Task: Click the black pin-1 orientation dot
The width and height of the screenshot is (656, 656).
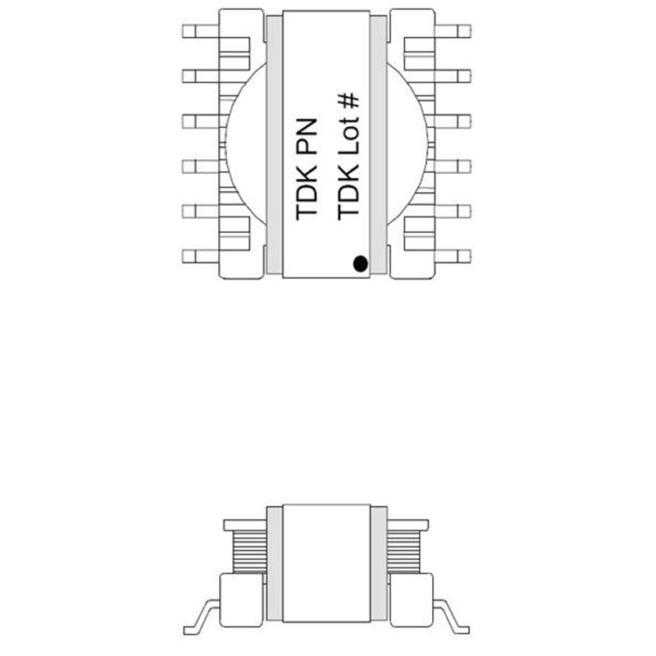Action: coord(358,263)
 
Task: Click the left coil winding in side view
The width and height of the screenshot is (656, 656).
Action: coord(248,550)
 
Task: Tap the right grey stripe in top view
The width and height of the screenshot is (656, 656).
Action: coord(379,143)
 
